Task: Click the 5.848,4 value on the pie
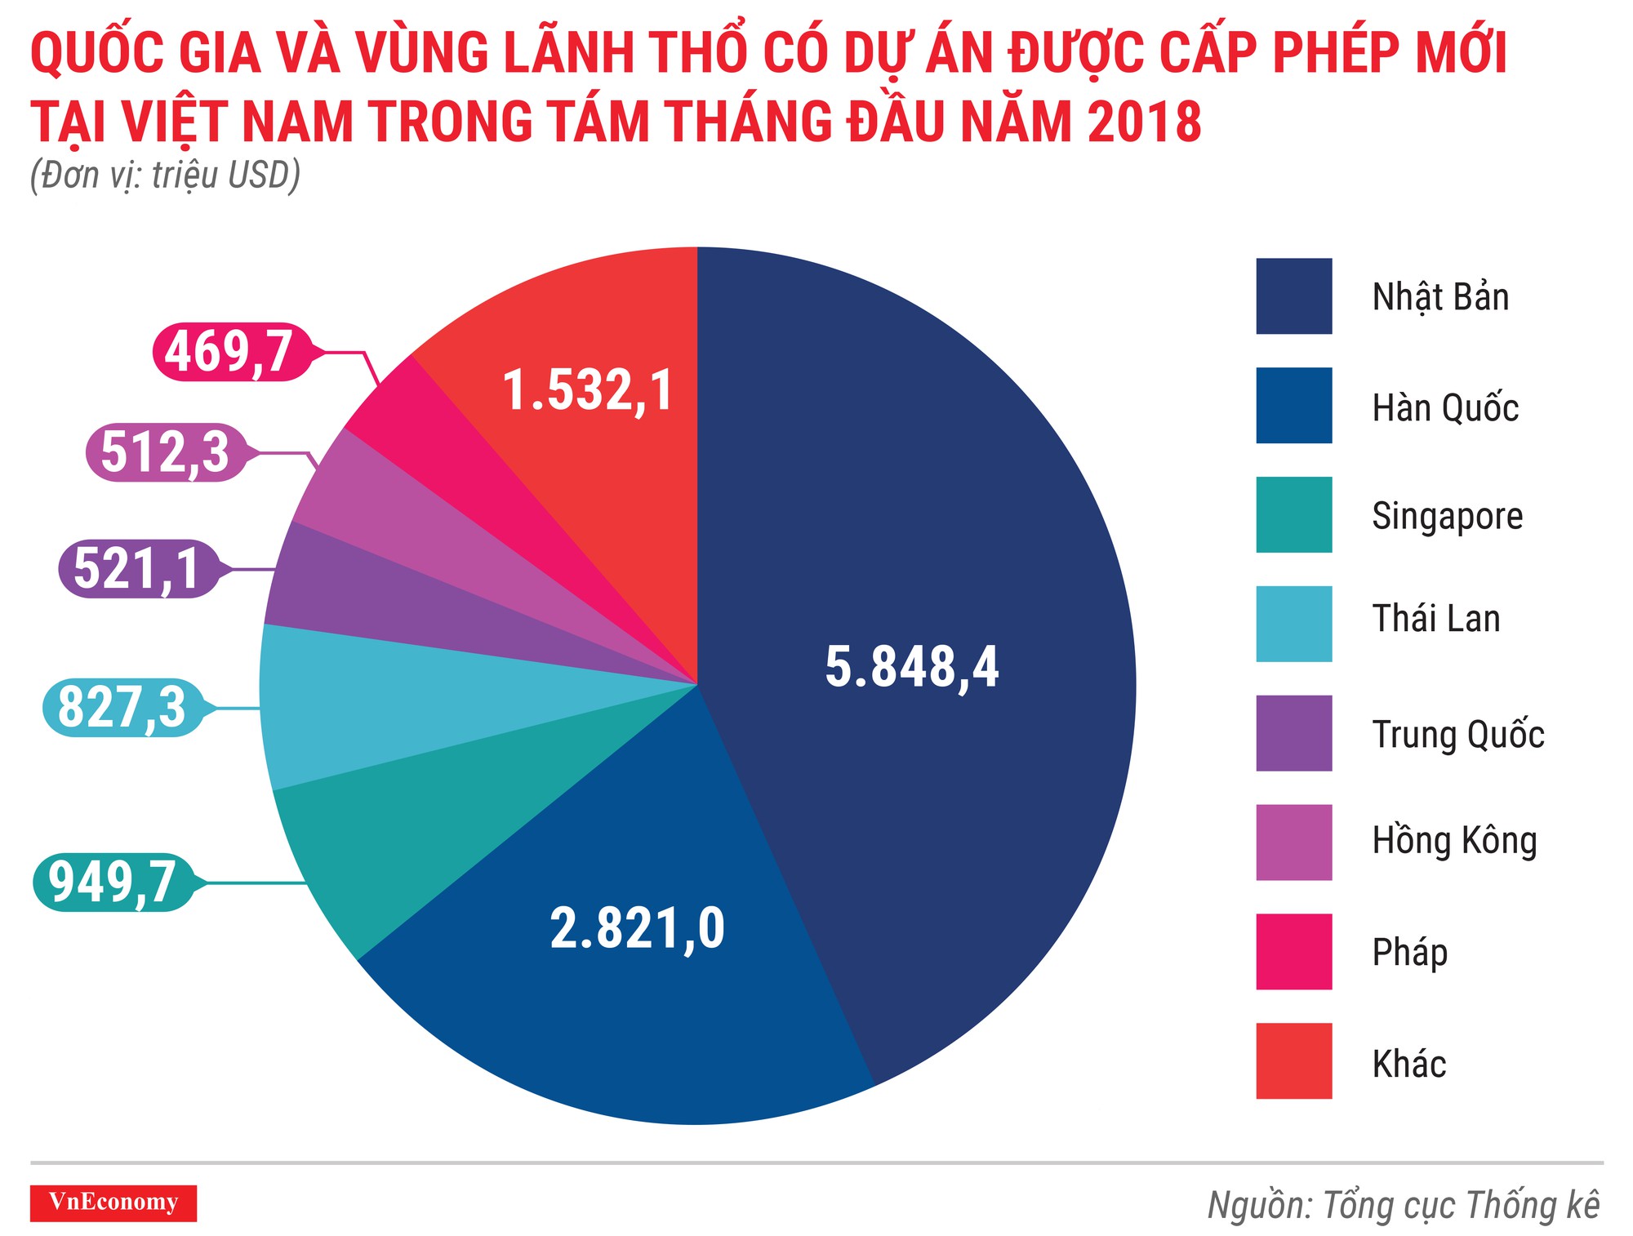point(911,667)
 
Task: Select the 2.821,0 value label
point(637,928)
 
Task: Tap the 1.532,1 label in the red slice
point(588,390)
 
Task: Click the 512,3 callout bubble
point(165,452)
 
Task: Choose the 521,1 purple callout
point(137,569)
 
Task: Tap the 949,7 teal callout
point(113,883)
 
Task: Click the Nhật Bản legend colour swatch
point(1293,296)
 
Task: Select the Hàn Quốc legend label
point(1445,407)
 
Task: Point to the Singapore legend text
point(1447,517)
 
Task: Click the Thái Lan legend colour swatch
point(1293,624)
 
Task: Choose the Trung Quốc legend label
point(1457,734)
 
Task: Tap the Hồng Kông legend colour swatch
point(1293,843)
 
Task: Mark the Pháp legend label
point(1409,953)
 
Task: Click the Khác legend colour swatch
point(1293,1060)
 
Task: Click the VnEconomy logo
point(113,1203)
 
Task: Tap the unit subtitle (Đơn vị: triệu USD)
point(165,176)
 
